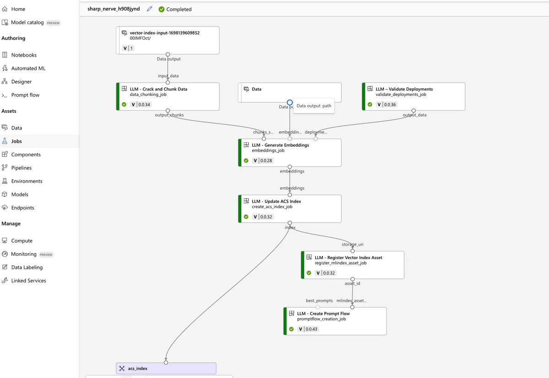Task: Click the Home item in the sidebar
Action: tap(18, 9)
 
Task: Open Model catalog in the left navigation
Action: tap(27, 22)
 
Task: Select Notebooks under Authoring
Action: tap(24, 55)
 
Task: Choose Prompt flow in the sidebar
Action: tap(25, 95)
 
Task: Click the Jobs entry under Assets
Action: tap(16, 141)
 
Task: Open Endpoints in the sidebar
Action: tap(22, 208)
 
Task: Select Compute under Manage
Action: tap(22, 241)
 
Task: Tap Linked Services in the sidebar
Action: tap(28, 281)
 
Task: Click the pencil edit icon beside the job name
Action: tap(149, 9)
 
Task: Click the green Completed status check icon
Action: tap(161, 9)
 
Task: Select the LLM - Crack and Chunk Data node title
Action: tap(158, 89)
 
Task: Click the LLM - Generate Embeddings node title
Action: tap(280, 145)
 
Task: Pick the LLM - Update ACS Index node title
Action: tap(276, 201)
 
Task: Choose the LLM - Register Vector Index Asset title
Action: tap(348, 257)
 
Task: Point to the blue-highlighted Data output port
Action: tap(290, 103)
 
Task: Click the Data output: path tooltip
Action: tap(314, 106)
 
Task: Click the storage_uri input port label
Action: tap(352, 245)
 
